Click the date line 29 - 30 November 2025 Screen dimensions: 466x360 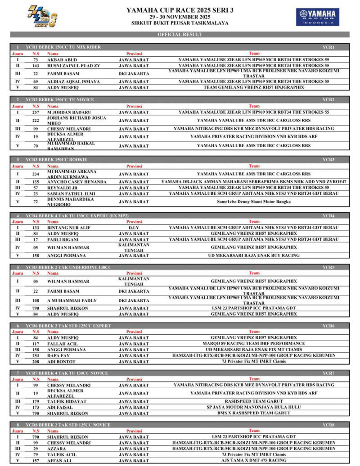(180, 16)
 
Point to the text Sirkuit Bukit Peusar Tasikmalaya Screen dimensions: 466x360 (180, 22)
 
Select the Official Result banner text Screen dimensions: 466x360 (180, 35)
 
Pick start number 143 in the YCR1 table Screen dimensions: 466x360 (36, 66)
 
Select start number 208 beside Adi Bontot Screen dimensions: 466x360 (36, 361)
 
